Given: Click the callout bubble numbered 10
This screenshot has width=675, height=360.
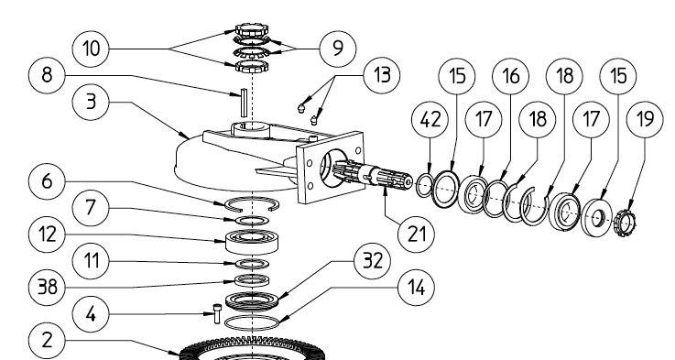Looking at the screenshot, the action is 91,49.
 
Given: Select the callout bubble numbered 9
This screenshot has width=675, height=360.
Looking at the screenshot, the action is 338,48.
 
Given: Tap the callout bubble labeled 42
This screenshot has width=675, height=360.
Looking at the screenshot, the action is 430,119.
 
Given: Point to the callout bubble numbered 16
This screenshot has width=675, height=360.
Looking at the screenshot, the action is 511,76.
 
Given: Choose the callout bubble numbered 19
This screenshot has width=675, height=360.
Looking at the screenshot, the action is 645,119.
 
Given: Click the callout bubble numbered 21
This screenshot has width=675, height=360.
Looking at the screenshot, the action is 416,235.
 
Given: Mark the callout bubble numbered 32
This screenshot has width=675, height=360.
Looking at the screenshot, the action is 373,260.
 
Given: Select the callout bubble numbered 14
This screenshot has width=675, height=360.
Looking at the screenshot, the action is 416,288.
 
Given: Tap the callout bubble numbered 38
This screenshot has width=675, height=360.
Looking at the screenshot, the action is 47,287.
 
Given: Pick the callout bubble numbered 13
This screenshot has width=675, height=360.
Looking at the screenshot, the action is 382,75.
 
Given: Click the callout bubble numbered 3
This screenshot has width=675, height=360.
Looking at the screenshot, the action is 91,102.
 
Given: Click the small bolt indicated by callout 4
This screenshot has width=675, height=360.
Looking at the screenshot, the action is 216,314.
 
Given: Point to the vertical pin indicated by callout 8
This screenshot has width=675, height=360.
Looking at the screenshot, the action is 245,103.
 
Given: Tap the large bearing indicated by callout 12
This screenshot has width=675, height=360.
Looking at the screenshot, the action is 252,242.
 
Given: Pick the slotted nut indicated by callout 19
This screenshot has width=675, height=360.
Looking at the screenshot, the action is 625,222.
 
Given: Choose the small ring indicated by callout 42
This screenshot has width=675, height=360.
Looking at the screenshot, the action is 424,185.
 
